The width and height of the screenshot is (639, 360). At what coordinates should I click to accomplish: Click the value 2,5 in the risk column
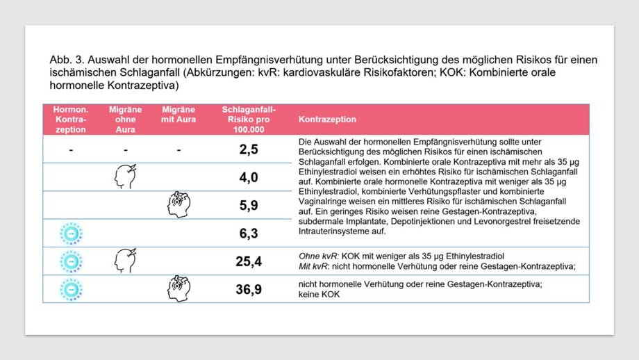[x=248, y=149]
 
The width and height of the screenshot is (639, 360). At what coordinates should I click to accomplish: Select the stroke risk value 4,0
[x=248, y=177]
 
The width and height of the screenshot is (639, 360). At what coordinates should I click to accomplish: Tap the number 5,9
[x=248, y=205]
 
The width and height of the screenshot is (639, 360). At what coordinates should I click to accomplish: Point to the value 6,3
[x=248, y=234]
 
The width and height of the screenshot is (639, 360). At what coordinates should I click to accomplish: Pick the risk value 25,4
[x=248, y=261]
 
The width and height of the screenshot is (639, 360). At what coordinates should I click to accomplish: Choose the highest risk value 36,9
[x=248, y=289]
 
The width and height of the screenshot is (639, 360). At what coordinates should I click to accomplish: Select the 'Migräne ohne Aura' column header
[x=125, y=120]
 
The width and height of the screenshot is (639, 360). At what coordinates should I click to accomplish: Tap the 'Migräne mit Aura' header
[x=179, y=115]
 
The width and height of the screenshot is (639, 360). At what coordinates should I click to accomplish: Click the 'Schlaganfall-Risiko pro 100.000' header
[x=248, y=120]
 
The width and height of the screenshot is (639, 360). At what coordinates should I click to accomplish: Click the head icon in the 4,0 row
[x=125, y=177]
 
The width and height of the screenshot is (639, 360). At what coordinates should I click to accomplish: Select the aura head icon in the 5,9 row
[x=179, y=205]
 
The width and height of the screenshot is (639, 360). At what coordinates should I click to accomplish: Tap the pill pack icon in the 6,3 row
[x=70, y=234]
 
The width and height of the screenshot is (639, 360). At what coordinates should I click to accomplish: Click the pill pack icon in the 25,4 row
[x=70, y=261]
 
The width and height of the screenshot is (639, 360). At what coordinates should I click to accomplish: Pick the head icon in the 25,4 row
[x=125, y=261]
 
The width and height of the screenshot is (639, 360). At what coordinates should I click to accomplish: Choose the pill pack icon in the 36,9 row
[x=70, y=289]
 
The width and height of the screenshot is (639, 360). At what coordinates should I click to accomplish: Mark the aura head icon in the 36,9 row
[x=179, y=289]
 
